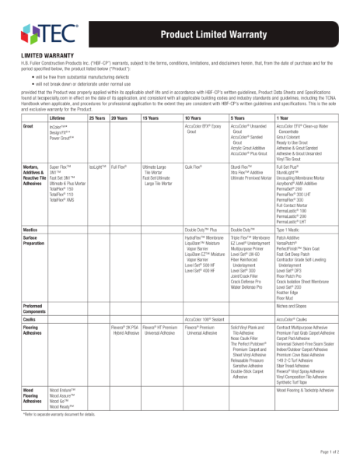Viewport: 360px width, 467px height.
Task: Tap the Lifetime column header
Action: tap(57, 117)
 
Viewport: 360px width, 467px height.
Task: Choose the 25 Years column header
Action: tap(97, 117)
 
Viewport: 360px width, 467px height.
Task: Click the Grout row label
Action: tap(28, 125)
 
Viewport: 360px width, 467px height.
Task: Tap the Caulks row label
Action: tap(30, 319)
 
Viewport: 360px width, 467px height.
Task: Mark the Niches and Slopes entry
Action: tap(292, 307)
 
